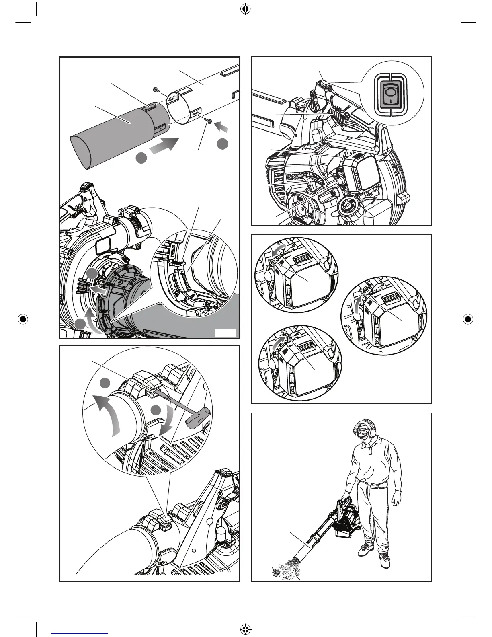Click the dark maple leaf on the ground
pyautogui.click(x=276, y=571)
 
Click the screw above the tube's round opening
pyautogui.click(x=156, y=89)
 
